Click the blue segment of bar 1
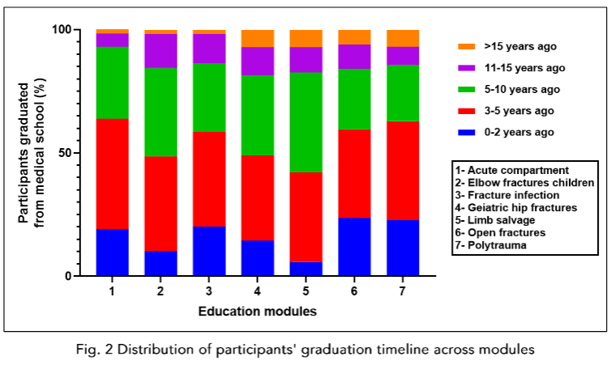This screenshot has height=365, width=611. point(113,252)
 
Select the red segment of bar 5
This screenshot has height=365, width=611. point(307,217)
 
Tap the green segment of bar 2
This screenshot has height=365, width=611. point(161,112)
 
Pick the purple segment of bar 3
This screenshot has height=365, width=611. point(210,48)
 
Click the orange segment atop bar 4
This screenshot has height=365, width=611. point(258,38)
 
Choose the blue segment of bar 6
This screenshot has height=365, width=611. point(355,246)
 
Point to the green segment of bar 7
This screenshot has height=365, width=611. point(404,92)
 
